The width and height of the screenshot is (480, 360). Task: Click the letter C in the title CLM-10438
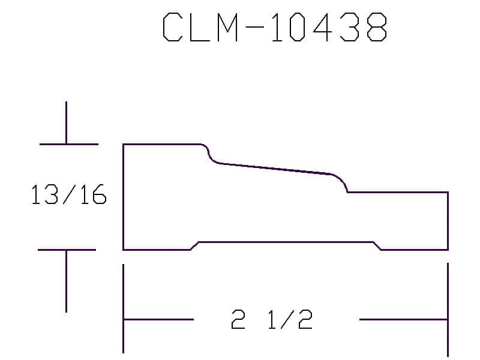(172, 27)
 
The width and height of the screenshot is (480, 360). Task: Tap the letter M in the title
(227, 27)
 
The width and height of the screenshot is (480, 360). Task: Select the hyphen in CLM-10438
(254, 27)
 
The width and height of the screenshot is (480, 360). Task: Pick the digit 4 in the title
(322, 27)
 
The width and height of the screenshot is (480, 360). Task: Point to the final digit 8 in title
(377, 27)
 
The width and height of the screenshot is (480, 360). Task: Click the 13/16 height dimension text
(69, 194)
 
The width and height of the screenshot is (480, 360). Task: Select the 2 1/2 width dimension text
(272, 319)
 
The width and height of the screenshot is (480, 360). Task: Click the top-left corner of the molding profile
(124, 144)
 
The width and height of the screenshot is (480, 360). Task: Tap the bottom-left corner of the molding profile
(124, 250)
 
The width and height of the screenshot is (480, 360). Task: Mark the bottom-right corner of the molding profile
(448, 250)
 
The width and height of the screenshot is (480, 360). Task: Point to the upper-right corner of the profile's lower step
(448, 192)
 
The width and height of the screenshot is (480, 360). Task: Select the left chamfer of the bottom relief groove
(194, 246)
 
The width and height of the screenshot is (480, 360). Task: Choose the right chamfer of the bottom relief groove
(377, 246)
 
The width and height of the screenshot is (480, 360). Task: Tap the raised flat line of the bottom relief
(286, 242)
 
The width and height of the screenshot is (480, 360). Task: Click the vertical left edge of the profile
(124, 197)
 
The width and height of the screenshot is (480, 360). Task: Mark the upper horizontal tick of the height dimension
(69, 144)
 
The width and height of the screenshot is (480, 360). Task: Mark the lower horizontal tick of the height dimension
(67, 250)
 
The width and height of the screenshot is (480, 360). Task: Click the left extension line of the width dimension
(124, 308)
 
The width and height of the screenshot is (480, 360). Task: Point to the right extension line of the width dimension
(448, 309)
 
